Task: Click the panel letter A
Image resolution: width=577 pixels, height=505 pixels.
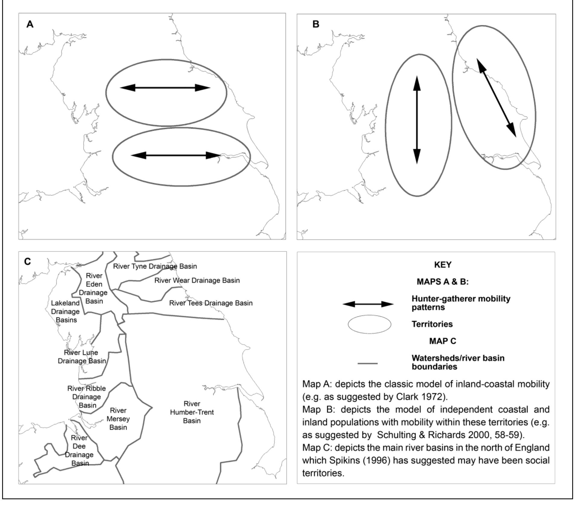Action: [x=30, y=24]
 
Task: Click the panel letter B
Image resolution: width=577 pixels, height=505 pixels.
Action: [x=316, y=24]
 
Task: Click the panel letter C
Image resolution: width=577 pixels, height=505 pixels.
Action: [x=27, y=261]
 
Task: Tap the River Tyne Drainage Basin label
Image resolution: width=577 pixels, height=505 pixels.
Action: [x=155, y=266]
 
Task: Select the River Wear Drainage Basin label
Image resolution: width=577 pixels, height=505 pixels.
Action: [x=197, y=280]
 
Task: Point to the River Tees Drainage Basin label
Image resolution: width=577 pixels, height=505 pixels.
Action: [x=211, y=303]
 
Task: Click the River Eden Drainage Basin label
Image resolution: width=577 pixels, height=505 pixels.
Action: [x=94, y=288]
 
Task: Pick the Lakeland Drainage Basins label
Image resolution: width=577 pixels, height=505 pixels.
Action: [x=65, y=311]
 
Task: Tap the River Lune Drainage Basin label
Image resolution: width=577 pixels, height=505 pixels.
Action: [x=82, y=357]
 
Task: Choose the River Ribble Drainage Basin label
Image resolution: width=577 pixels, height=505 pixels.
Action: [x=87, y=397]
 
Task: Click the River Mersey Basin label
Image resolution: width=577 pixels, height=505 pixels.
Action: [x=118, y=419]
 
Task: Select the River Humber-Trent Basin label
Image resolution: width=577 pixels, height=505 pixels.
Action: [x=192, y=412]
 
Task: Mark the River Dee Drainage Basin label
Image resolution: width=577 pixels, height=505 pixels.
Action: [x=79, y=450]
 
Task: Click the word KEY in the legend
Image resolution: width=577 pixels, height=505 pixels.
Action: [x=443, y=265]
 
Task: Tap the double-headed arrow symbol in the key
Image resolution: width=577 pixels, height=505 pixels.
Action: [x=368, y=304]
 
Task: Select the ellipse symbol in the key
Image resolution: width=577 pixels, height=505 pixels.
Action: [x=370, y=324]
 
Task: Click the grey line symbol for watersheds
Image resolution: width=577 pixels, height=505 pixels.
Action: [x=368, y=363]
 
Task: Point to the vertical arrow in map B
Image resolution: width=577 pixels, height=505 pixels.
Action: [x=417, y=120]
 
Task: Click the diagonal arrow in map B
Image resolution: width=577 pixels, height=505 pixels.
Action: [x=496, y=98]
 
